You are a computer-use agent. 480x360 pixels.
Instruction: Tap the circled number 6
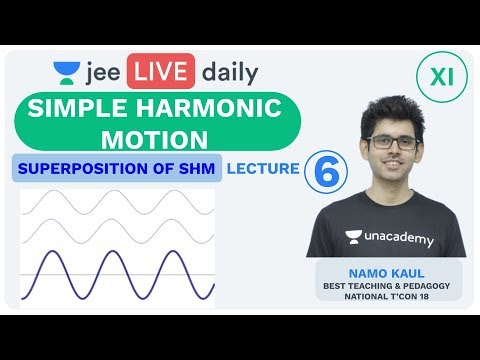tap(324, 170)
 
